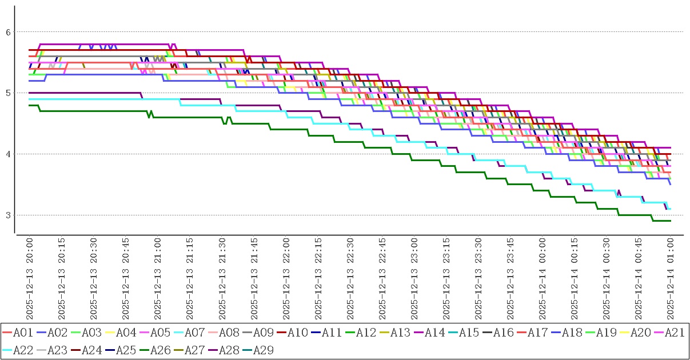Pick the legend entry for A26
[159, 350]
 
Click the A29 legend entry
[262, 350]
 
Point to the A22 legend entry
[22, 350]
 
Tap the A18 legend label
[571, 333]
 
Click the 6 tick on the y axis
[8, 32]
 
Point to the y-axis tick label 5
[8, 93]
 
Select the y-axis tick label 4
[8, 154]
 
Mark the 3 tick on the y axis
[8, 215]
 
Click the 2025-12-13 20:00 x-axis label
[30, 279]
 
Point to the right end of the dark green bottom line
[670, 221]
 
